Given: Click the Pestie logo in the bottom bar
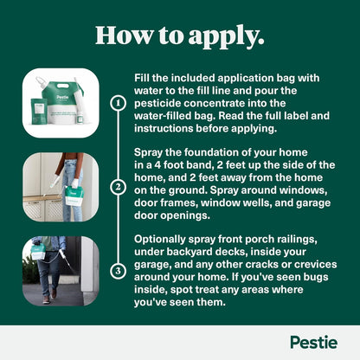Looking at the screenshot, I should (x=312, y=342).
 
